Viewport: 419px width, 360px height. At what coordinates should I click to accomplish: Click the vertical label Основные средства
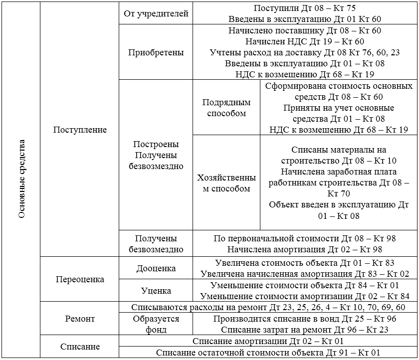[x=21, y=179]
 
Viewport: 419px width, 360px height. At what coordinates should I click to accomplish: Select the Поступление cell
[x=80, y=130]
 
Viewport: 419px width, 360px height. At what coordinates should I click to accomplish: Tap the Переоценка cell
[x=80, y=279]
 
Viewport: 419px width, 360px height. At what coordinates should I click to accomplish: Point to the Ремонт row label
[x=80, y=319]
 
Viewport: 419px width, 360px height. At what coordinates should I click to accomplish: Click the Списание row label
[x=80, y=347]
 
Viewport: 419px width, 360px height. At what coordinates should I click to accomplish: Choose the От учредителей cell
[x=156, y=14]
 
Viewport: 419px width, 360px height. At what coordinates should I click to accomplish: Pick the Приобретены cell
[x=156, y=52]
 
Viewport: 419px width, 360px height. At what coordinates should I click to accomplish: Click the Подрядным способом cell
[x=226, y=108]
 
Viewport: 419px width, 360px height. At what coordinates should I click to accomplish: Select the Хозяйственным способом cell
[x=226, y=183]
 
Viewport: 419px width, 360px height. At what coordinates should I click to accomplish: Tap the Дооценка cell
[x=156, y=268]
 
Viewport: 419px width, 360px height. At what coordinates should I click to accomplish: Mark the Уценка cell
[x=156, y=291]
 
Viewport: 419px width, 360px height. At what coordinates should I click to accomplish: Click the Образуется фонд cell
[x=156, y=324]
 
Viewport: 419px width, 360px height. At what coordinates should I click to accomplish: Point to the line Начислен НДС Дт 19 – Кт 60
[x=305, y=41]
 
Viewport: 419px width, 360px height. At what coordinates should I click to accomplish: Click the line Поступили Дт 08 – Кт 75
[x=305, y=8]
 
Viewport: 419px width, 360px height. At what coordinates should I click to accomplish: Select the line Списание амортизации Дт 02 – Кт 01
[x=268, y=341]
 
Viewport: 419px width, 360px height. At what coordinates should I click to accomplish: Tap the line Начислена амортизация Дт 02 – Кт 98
[x=305, y=249]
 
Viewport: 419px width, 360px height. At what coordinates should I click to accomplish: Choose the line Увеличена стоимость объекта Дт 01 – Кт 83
[x=305, y=263]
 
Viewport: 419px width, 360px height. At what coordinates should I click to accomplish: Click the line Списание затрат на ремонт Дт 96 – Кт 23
[x=305, y=330]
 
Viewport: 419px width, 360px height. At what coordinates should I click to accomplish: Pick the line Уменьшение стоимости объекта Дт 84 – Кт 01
[x=305, y=285]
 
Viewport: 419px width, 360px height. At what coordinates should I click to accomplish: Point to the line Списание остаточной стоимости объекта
[x=268, y=353]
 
